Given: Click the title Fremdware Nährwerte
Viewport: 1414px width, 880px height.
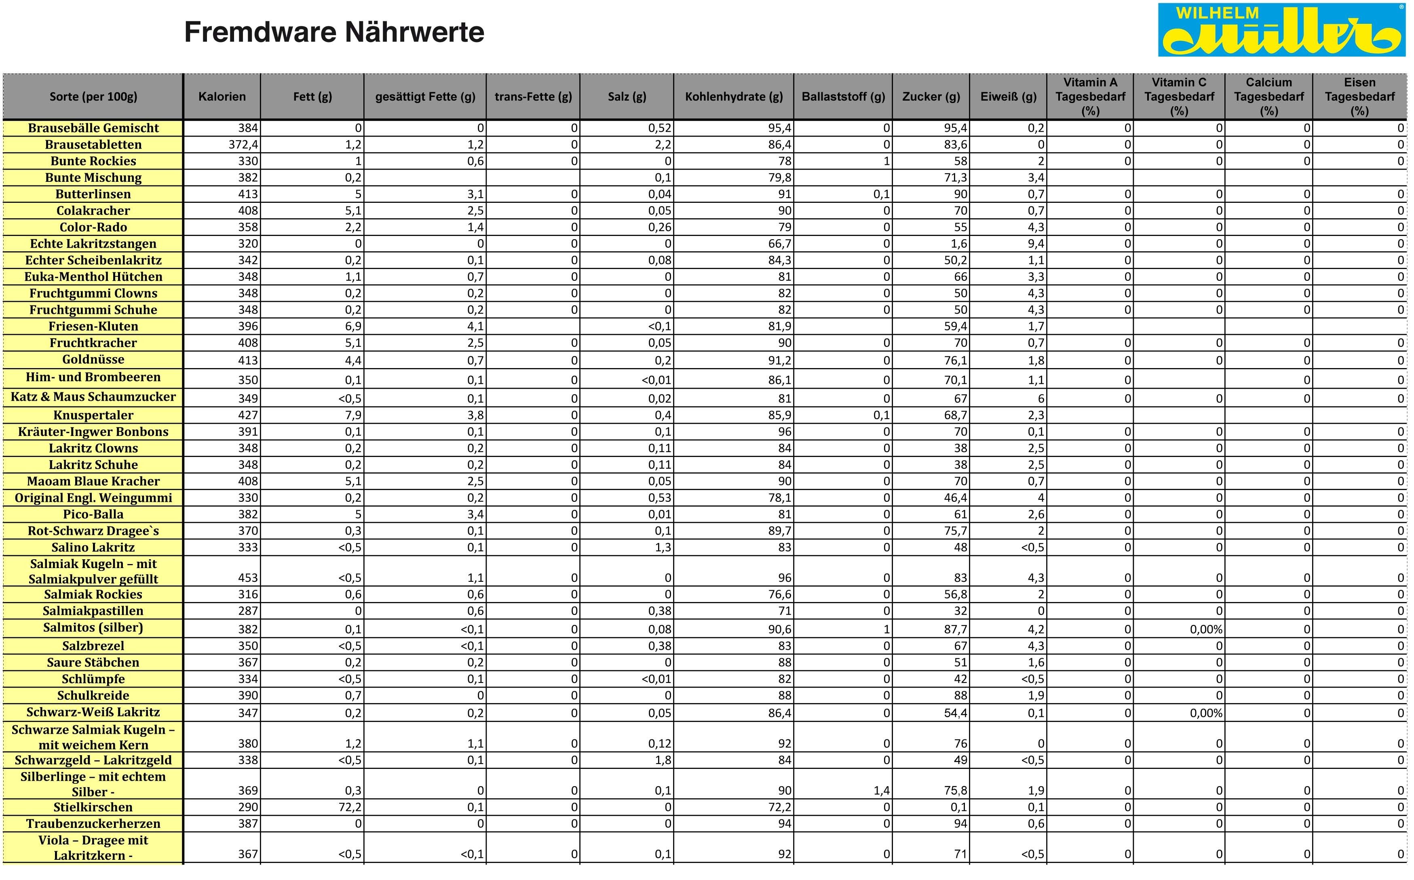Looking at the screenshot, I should pyautogui.click(x=334, y=32).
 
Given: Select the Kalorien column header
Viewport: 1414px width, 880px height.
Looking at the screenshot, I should pyautogui.click(x=222, y=97).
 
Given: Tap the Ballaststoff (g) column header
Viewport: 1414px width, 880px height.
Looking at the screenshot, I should pyautogui.click(x=843, y=97).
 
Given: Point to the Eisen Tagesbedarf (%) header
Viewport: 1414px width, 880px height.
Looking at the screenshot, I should pyautogui.click(x=1359, y=97).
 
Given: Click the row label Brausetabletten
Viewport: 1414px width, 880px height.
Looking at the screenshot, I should pyautogui.click(x=93, y=144).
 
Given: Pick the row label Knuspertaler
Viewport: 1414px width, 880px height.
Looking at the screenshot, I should pyautogui.click(x=93, y=415).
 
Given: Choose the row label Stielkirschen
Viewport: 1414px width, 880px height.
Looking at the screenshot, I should pyautogui.click(x=93, y=807).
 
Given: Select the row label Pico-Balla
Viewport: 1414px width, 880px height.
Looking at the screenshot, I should pyautogui.click(x=93, y=514).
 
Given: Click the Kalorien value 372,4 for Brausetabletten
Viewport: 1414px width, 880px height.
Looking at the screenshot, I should pyautogui.click(x=243, y=144).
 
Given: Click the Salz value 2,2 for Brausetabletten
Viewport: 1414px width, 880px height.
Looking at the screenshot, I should pyautogui.click(x=663, y=144).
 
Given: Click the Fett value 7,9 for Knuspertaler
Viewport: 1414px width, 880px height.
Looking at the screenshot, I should pyautogui.click(x=353, y=415).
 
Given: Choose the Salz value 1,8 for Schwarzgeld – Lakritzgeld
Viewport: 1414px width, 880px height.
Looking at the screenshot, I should pyautogui.click(x=663, y=760).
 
